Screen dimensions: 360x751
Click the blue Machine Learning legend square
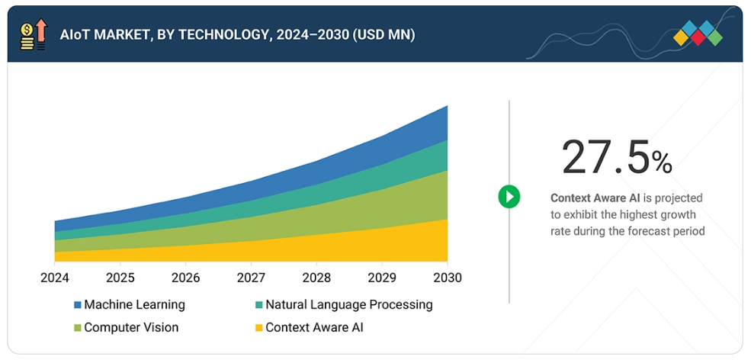78,305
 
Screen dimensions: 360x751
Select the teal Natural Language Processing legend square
259,305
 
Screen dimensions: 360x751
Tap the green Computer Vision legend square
78,328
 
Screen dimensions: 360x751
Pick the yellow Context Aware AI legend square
259,328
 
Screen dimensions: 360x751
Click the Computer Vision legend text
131,327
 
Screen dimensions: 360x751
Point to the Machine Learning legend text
134,304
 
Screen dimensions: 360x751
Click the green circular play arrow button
509,197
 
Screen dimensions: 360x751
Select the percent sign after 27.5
662,162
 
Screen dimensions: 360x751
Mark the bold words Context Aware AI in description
591,198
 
